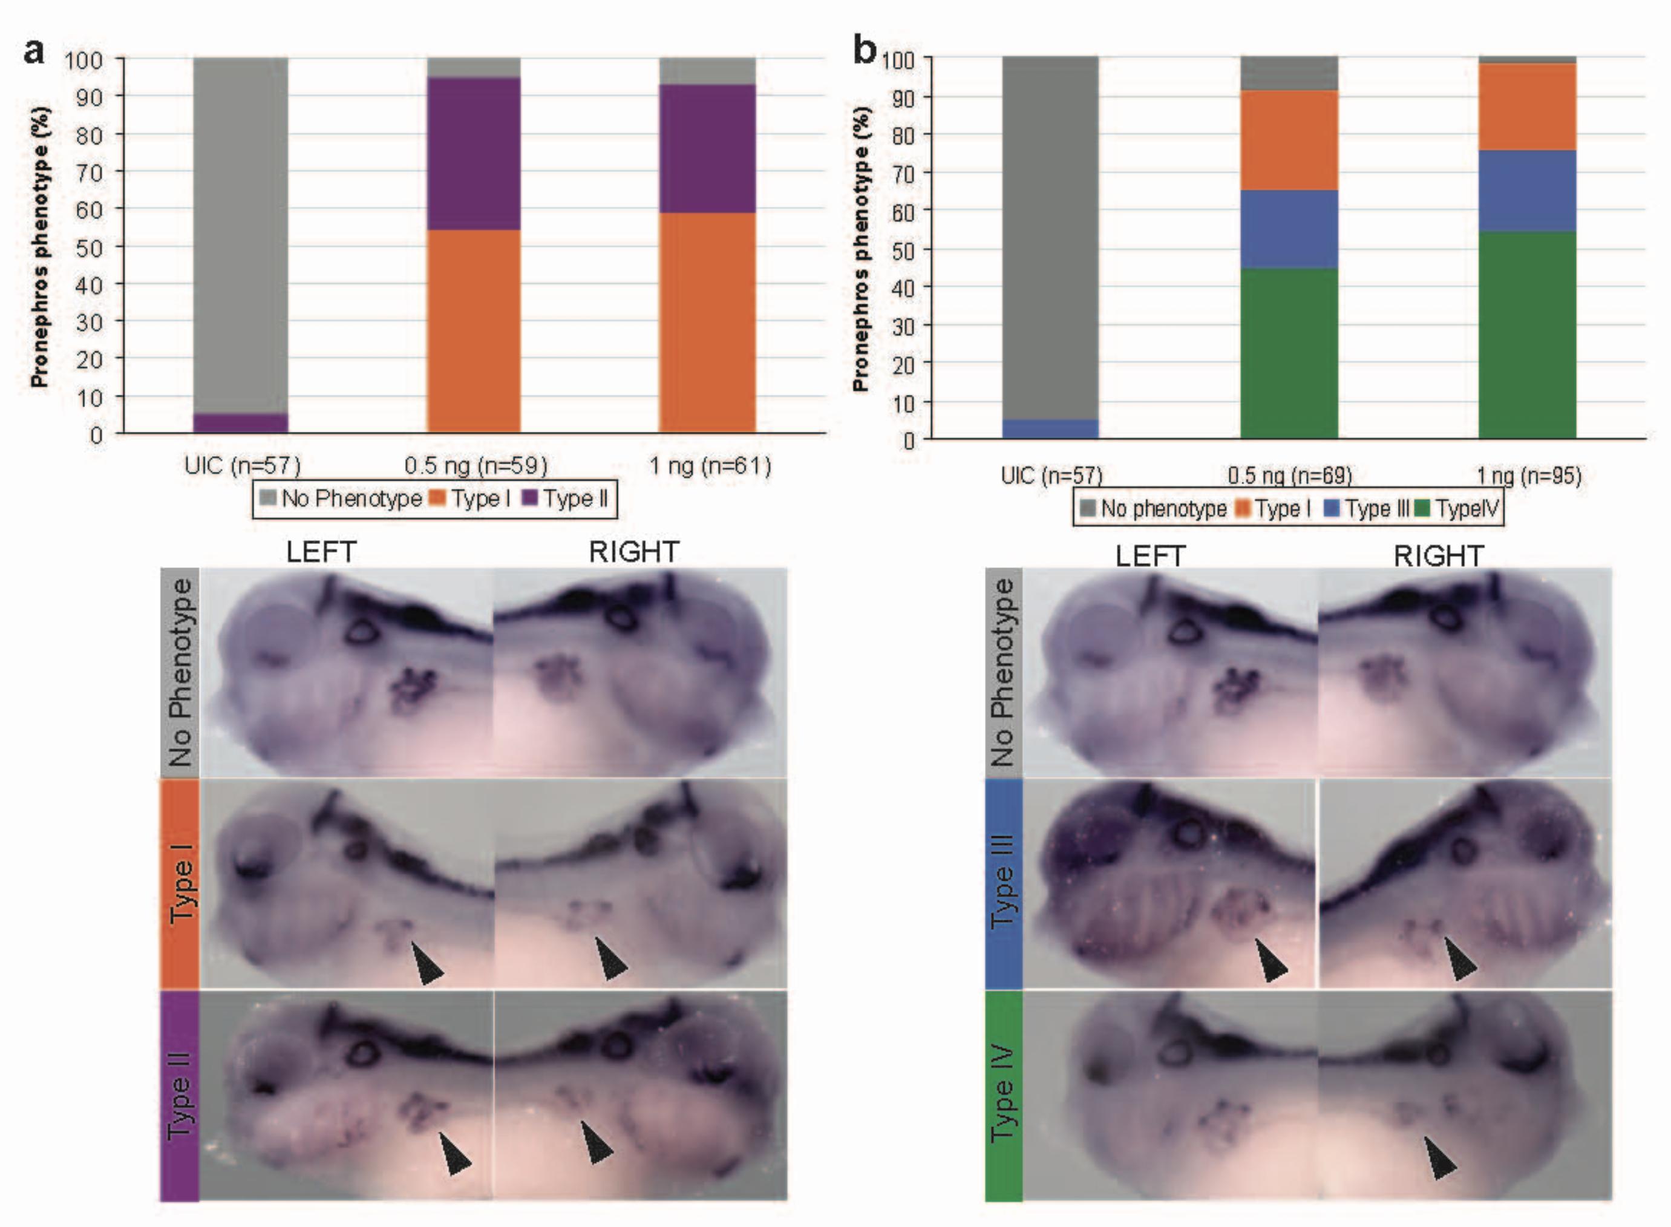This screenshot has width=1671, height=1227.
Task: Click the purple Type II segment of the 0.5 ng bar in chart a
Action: [473, 153]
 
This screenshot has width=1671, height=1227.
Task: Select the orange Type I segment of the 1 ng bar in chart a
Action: [707, 322]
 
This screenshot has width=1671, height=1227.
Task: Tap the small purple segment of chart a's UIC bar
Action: [241, 423]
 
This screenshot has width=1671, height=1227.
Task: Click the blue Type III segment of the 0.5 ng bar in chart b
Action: [1289, 229]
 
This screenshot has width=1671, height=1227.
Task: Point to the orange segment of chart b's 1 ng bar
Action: [1527, 107]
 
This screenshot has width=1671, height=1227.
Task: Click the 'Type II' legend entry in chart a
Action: [566, 499]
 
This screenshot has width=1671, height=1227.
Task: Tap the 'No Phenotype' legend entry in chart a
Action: [342, 499]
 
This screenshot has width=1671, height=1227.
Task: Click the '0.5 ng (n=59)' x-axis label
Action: [476, 466]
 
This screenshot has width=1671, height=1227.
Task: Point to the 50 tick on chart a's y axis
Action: [88, 247]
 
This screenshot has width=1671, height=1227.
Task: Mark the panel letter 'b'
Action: [865, 50]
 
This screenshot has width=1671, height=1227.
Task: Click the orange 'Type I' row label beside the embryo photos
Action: [180, 883]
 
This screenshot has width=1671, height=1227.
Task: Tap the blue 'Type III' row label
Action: [1003, 883]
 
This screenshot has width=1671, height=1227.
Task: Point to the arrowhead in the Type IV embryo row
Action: [1440, 1158]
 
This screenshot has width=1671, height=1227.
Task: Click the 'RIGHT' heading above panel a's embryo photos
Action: [633, 552]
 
